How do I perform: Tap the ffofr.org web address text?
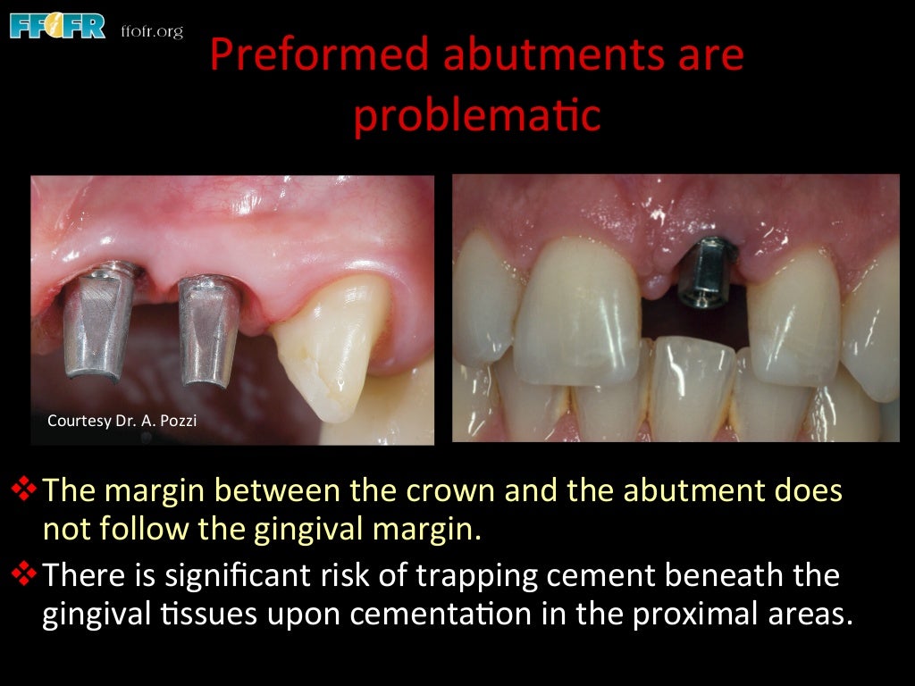coord(152,31)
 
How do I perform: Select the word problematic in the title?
coord(476,116)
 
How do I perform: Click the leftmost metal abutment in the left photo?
coord(98,324)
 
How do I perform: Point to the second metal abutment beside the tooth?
coord(207,328)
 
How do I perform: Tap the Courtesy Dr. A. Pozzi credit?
coord(121,419)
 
